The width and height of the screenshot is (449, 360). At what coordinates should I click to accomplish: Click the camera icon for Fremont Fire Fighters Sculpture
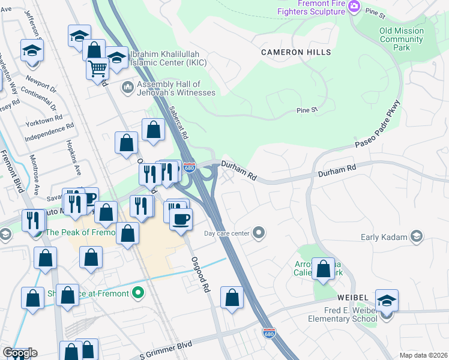click(x=354, y=6)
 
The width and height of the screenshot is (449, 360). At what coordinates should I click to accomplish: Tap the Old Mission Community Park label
click(x=402, y=39)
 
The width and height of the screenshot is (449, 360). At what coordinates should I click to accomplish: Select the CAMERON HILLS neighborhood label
click(x=296, y=53)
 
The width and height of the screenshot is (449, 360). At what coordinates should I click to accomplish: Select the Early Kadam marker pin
click(x=415, y=237)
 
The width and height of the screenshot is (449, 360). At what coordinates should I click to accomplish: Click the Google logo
click(x=20, y=353)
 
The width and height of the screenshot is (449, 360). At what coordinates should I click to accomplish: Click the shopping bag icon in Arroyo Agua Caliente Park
click(x=324, y=269)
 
